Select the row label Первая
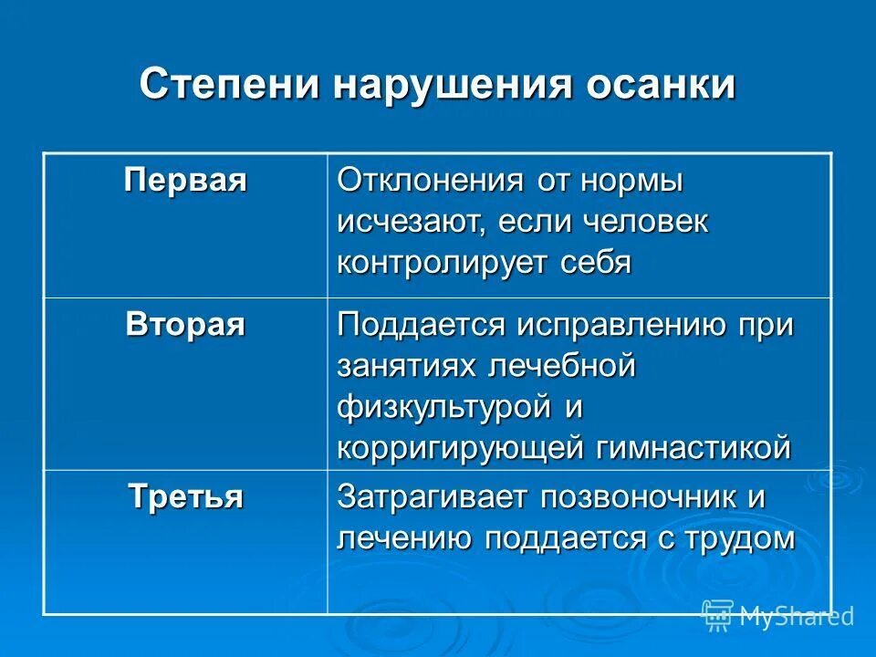coord(185,179)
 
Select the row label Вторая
coord(185,324)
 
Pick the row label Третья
coord(185,497)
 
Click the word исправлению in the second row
coord(621,326)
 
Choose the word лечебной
coord(561,367)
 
